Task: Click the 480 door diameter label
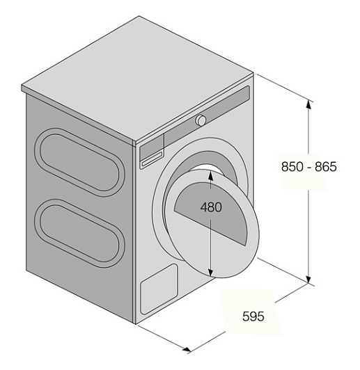click(211, 207)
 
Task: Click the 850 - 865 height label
click(308, 167)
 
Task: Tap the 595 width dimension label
click(253, 316)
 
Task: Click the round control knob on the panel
click(201, 120)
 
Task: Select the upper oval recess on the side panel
click(80, 162)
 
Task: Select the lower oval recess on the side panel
click(79, 234)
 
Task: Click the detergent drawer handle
click(152, 159)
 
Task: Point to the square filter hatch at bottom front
click(159, 289)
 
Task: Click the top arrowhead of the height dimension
click(308, 103)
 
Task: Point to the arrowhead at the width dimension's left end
click(187, 349)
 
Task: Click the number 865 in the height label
click(326, 167)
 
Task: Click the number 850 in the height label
click(292, 167)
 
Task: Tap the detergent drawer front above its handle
click(152, 147)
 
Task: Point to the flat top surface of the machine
click(137, 78)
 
